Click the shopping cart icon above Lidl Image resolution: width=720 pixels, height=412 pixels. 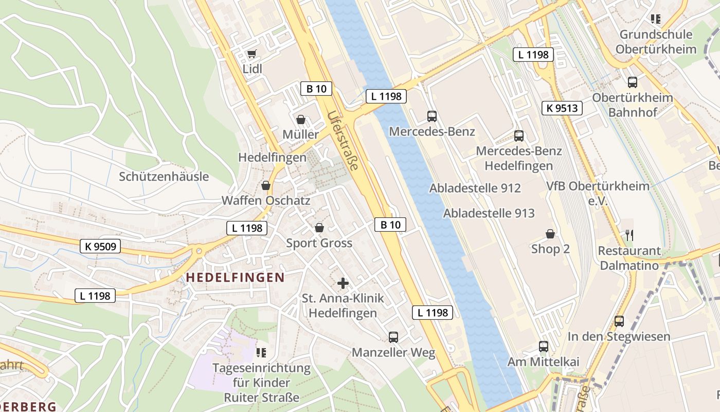[251, 54]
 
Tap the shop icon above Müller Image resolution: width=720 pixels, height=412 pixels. [301, 119]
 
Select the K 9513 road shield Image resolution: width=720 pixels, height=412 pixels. [562, 108]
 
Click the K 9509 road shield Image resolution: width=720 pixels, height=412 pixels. [100, 247]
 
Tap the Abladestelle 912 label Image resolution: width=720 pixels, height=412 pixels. [475, 188]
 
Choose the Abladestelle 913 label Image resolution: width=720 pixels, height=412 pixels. [489, 213]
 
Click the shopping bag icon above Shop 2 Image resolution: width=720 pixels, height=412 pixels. [550, 234]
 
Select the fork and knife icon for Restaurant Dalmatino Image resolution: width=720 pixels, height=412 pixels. [629, 235]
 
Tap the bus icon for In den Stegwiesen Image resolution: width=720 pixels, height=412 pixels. [619, 321]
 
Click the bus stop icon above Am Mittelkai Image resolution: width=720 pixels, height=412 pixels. [544, 347]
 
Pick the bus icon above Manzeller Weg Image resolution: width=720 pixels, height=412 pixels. [393, 337]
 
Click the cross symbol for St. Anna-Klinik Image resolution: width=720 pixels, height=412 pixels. [343, 283]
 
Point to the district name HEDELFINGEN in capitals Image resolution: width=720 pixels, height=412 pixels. [235, 278]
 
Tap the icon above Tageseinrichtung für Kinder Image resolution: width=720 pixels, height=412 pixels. [261, 353]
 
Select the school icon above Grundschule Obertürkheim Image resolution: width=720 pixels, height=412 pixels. [656, 20]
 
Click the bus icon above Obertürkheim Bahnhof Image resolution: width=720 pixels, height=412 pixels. [633, 82]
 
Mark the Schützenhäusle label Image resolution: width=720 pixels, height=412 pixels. [164, 177]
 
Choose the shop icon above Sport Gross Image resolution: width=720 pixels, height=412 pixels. [319, 228]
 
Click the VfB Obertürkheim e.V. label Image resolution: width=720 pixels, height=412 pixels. [598, 193]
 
